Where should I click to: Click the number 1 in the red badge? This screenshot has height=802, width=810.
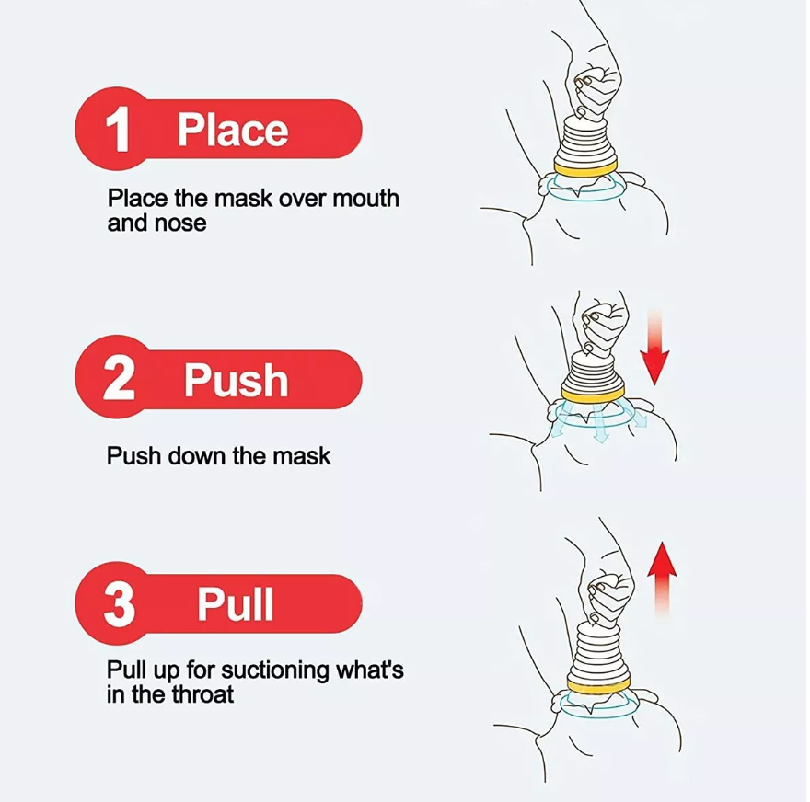[x=119, y=130]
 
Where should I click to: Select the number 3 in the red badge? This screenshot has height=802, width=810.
[x=120, y=604]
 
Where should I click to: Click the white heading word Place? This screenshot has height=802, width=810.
[x=233, y=130]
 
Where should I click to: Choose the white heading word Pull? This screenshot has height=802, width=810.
[x=236, y=604]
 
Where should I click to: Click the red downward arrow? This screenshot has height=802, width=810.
[x=654, y=348]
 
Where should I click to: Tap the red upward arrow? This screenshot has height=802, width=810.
[x=662, y=579]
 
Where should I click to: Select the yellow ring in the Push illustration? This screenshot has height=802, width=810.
[x=594, y=395]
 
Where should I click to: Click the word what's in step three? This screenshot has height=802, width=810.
[x=370, y=670]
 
